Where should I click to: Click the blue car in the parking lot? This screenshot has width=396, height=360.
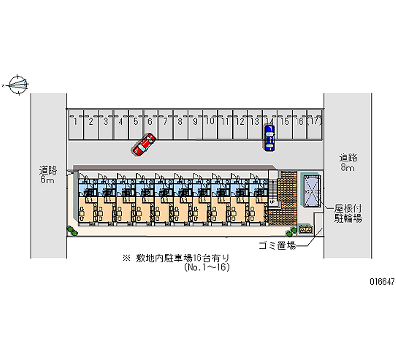click(x=269, y=138)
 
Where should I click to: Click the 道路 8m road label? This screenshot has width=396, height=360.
click(x=348, y=163)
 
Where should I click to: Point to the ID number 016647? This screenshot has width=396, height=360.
click(x=381, y=281)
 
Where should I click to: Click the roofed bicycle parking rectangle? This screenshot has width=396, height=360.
click(x=312, y=191)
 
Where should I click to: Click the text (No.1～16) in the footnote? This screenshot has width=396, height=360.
click(x=206, y=267)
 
